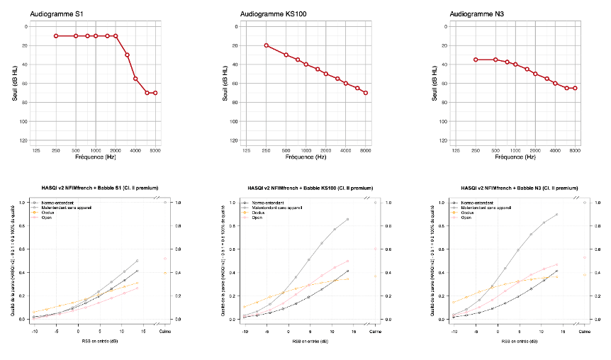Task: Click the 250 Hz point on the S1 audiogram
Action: tap(56, 35)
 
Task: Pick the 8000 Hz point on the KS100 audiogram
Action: tap(366, 93)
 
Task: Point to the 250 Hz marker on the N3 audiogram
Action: tap(476, 60)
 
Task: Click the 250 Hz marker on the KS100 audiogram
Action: tap(266, 45)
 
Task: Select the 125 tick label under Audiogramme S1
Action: tap(35, 150)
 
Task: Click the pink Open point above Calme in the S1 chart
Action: tap(165, 259)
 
